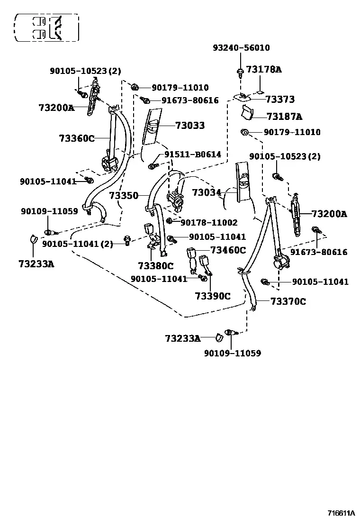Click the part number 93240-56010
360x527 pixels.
coord(241,48)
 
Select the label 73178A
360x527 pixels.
coord(264,69)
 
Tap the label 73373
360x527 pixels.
coord(280,99)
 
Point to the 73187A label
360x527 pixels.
coord(284,116)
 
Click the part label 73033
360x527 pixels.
coord(190,126)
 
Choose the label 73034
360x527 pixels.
coord(207,192)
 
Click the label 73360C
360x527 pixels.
coord(77,138)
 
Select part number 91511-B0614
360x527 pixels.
coord(192,154)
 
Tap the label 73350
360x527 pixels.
coord(124,195)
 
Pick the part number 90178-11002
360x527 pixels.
coord(209,222)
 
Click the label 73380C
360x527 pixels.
coord(156,266)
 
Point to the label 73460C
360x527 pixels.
coord(228,250)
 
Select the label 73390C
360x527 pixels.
coord(213,296)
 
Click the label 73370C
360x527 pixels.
coord(288,301)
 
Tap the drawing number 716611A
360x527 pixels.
coord(341,513)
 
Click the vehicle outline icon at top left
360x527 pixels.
coord(46,27)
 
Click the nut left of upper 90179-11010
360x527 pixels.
coord(135,87)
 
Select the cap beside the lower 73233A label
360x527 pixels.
coord(219,337)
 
